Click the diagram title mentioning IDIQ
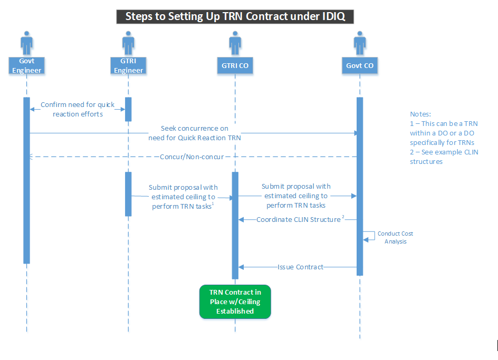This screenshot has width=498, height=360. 235,16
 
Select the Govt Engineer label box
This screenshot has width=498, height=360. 26,65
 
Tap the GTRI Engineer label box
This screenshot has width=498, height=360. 128,65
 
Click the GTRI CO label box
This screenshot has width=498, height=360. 235,65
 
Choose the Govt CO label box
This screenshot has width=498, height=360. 360,65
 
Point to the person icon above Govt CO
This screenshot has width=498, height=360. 360,42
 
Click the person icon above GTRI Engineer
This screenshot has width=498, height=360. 128,42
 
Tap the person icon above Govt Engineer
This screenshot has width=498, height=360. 26,42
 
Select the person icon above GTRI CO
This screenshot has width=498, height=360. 235,42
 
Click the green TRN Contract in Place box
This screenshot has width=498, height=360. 235,301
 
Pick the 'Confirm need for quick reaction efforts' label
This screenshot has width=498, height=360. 78,109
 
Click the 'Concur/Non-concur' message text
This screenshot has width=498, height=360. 193,157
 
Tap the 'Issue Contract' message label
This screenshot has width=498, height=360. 300,267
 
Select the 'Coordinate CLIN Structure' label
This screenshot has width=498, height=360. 299,219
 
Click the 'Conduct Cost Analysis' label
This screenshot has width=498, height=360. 395,237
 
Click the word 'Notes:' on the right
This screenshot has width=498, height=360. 420,114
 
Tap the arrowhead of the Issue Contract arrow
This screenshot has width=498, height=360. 241,267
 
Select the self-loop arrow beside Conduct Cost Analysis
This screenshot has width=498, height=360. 369,236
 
